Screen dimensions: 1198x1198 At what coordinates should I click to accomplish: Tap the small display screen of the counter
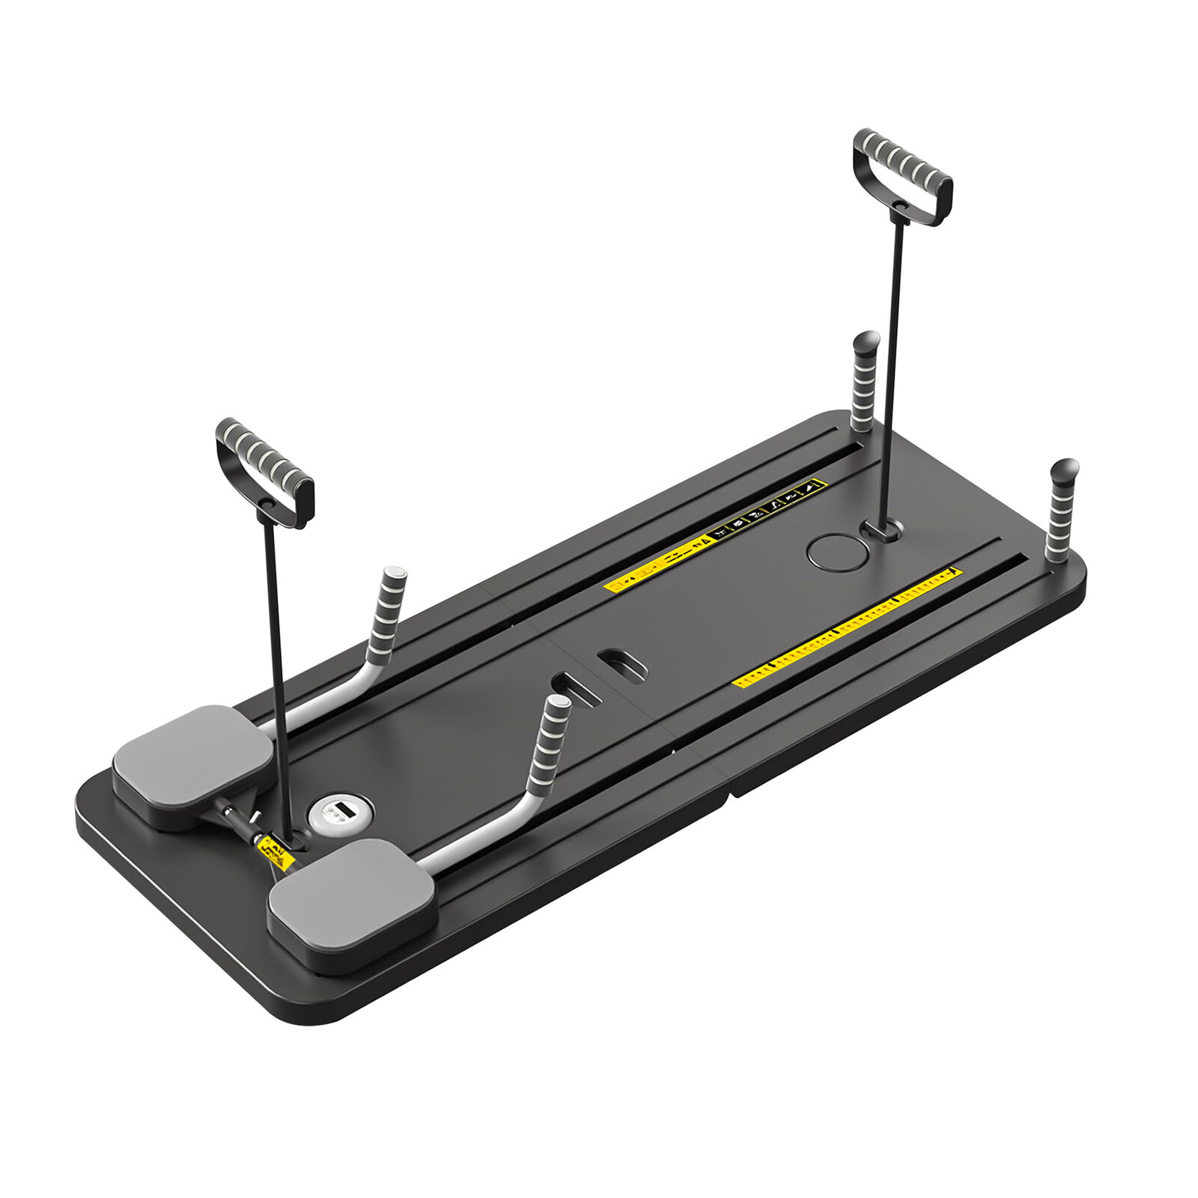(336, 809)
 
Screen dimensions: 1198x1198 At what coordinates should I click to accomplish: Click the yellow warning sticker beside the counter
(275, 853)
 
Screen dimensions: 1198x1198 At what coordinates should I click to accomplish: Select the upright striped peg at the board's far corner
(1061, 509)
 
